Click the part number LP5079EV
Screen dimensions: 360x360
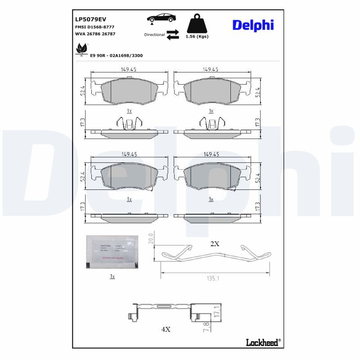point(90,20)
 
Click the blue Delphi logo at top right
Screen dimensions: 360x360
point(253,25)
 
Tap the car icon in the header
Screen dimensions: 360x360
point(161,18)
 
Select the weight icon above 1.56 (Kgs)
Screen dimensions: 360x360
point(197,23)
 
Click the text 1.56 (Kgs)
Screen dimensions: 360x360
point(197,36)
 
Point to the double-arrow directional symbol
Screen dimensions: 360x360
point(173,35)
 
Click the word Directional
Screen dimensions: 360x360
point(154,35)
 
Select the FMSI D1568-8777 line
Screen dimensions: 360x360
point(94,27)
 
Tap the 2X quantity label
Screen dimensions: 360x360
point(215,243)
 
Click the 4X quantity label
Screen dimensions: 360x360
point(166,329)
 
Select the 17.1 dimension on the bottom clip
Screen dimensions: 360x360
point(217,311)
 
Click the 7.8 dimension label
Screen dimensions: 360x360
point(207,326)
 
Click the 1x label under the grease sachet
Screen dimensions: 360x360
point(112,276)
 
